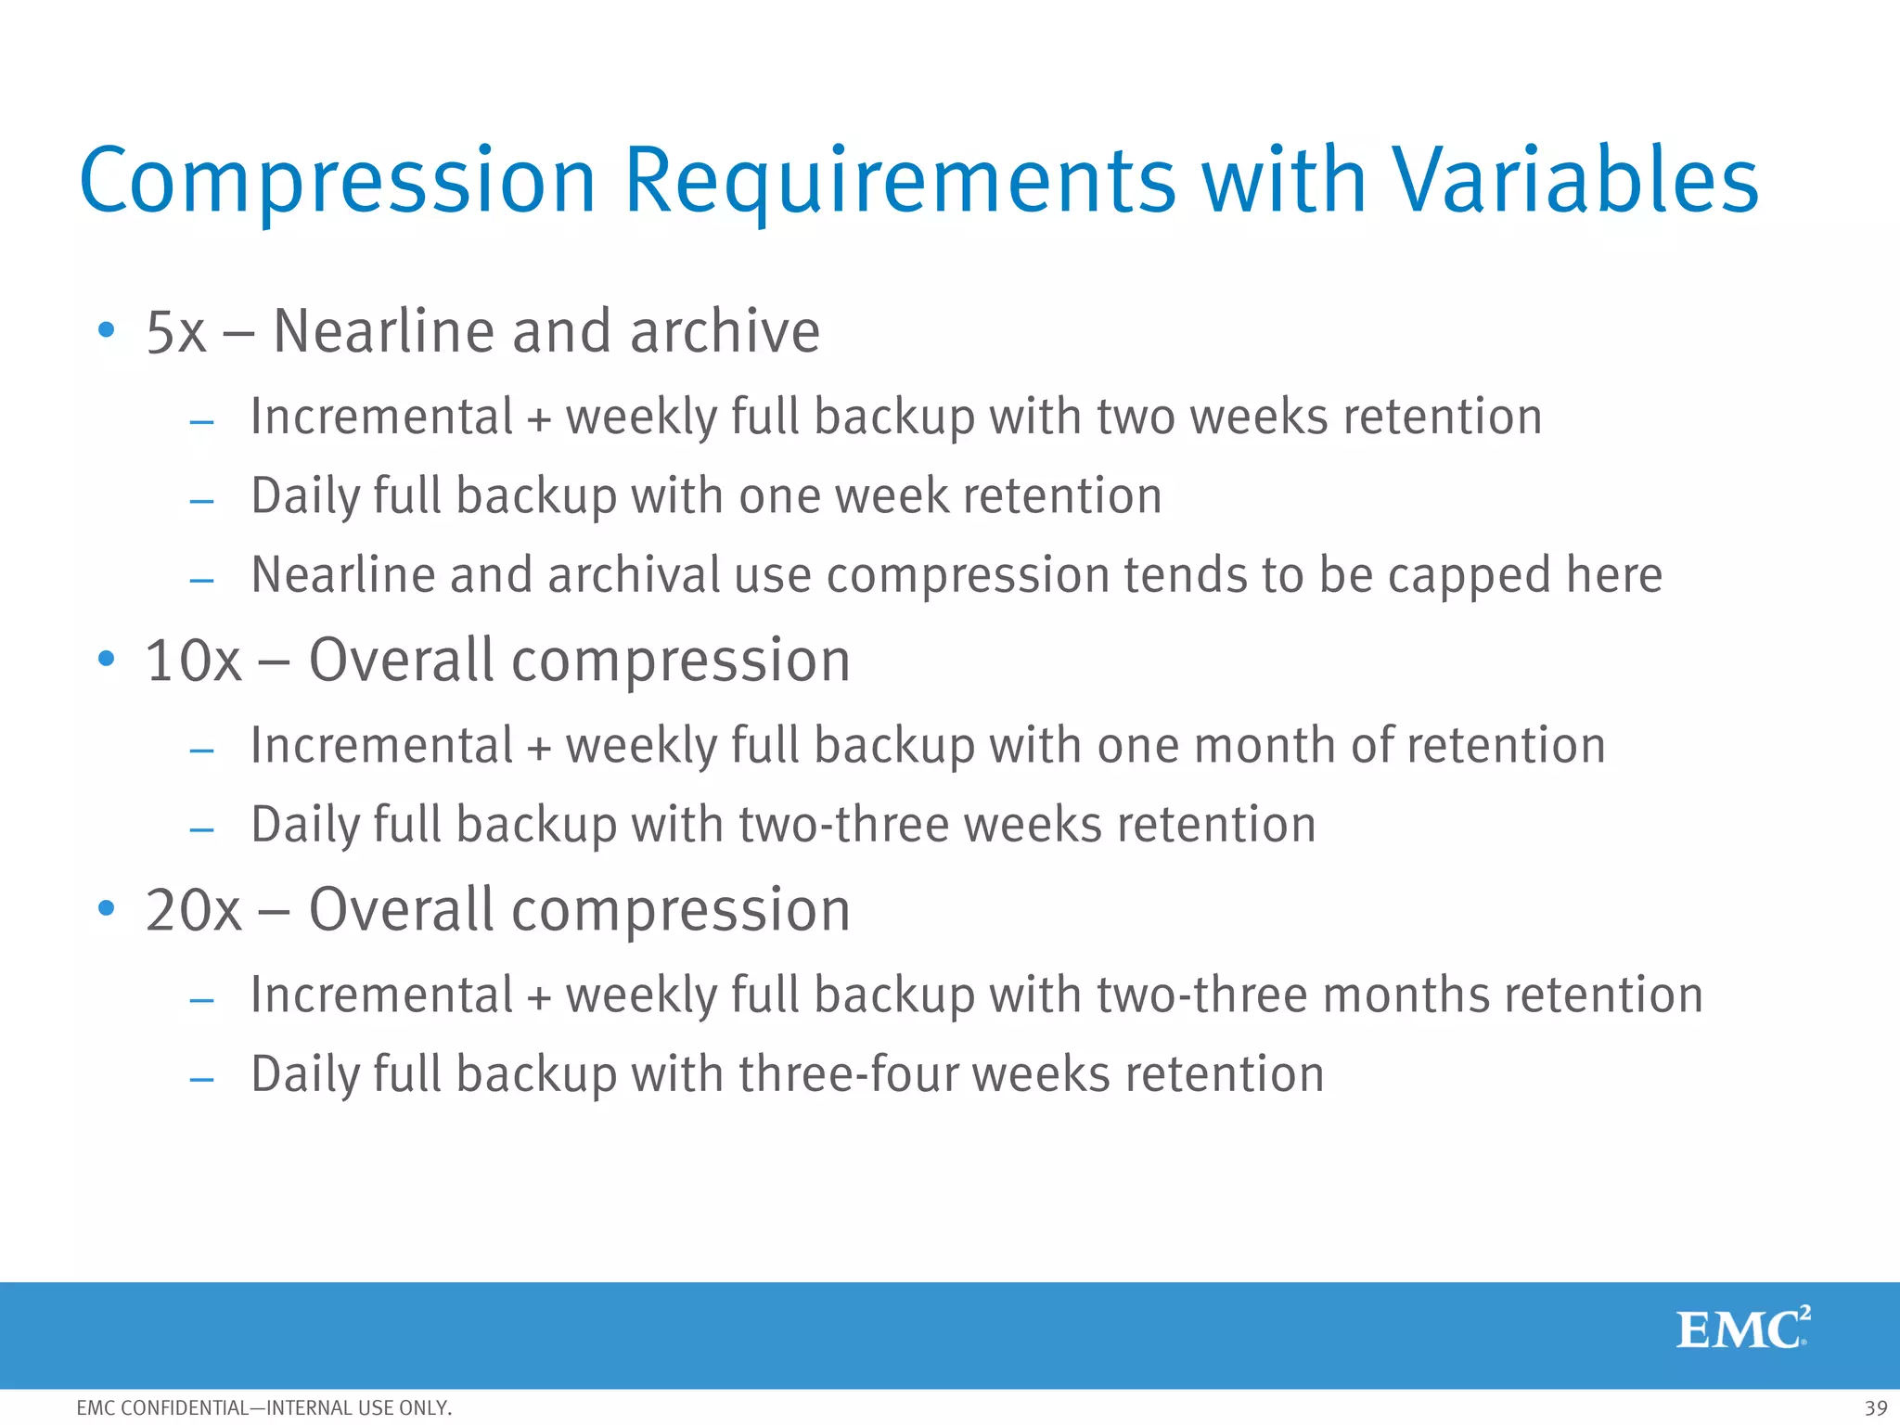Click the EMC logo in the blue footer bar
click(x=1742, y=1329)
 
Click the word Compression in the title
click(x=338, y=182)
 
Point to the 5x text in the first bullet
click(x=175, y=332)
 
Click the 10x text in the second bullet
click(x=193, y=661)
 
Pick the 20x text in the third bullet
click(x=193, y=911)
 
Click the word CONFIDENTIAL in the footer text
click(x=185, y=1408)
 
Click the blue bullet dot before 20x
click(x=107, y=907)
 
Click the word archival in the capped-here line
click(x=634, y=575)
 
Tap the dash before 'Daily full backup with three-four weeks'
click(x=201, y=1080)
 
